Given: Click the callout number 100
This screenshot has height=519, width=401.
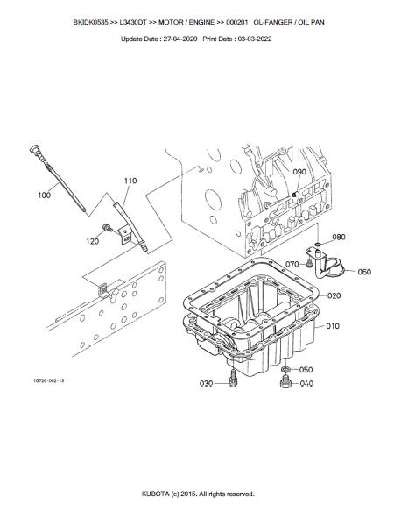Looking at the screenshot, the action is coord(45,195).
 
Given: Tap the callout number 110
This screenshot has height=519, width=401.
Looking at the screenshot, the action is coord(130,181).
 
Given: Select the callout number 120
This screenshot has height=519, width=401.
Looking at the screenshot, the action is coord(92,241).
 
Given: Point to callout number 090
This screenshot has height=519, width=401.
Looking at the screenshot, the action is coord(299,172).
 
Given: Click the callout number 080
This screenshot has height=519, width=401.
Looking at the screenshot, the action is coord(339,237).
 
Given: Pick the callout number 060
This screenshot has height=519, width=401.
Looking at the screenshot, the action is coord(364,272).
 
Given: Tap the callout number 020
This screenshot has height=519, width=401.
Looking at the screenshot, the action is coord(334,295).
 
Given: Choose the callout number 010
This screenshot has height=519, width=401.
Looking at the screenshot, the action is coord(333,326).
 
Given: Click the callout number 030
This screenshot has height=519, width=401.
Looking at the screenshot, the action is coord(206,383).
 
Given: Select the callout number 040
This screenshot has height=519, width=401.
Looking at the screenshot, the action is coord(306,383).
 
